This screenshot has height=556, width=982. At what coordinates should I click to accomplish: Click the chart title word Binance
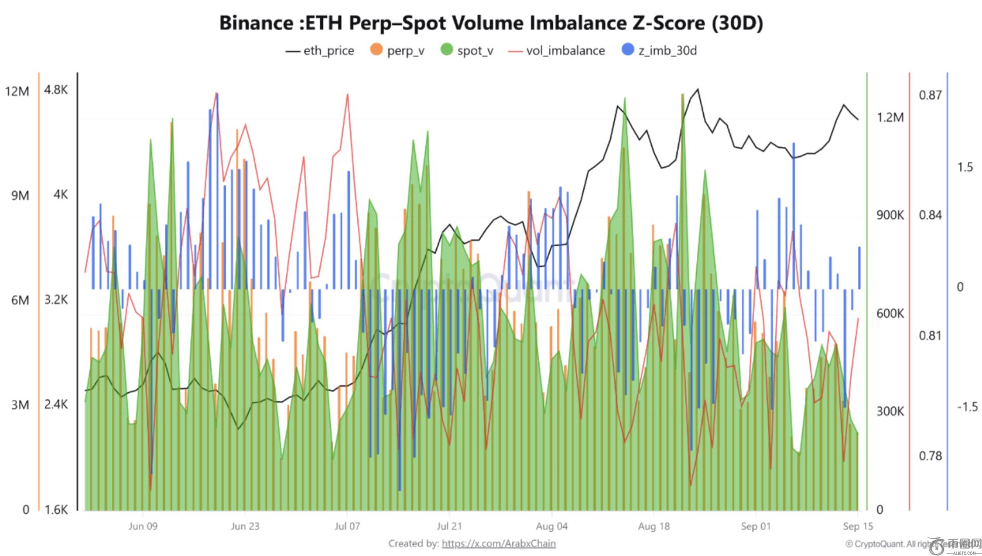click(x=255, y=23)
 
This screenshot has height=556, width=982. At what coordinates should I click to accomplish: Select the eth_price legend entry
click(x=320, y=51)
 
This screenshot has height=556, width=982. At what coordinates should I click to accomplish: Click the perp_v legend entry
click(x=397, y=51)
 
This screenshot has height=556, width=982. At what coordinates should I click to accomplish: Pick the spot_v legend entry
click(x=467, y=51)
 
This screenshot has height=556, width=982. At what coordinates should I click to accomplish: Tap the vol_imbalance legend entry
click(x=557, y=51)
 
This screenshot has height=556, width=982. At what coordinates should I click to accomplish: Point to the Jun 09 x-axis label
click(x=143, y=526)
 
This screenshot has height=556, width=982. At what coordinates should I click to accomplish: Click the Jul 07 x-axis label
click(x=347, y=526)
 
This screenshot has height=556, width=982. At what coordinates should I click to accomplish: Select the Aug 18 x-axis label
click(x=654, y=526)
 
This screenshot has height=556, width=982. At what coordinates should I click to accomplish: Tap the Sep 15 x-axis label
click(x=858, y=526)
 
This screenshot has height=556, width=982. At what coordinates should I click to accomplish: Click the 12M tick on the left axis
click(x=17, y=91)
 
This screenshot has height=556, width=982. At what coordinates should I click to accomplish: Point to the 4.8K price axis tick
click(x=56, y=90)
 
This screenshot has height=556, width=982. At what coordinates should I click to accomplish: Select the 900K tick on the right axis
click(x=890, y=215)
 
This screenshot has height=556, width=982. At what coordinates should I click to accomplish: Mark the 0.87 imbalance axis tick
click(x=930, y=95)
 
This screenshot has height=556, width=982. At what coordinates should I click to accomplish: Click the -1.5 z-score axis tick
click(x=967, y=407)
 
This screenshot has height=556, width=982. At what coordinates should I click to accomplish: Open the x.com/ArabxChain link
click(x=499, y=543)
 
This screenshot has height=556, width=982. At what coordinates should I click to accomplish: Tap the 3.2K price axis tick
click(x=56, y=300)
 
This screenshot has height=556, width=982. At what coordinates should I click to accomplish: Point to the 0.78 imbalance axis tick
click(x=930, y=456)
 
